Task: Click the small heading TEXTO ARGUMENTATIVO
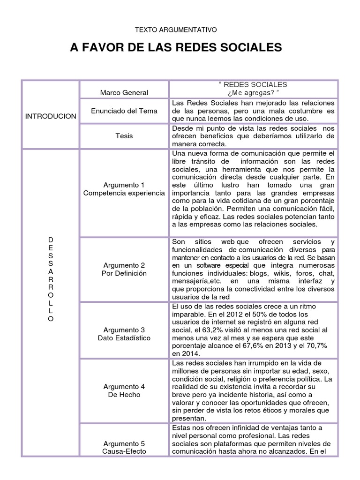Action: click(x=176, y=30)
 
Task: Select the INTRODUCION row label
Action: click(x=51, y=116)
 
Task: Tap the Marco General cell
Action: click(x=124, y=92)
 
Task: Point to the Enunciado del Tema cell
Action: click(x=124, y=111)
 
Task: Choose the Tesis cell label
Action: click(x=124, y=136)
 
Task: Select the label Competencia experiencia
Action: click(x=124, y=193)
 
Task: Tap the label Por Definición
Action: click(x=124, y=273)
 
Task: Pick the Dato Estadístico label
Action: click(x=124, y=337)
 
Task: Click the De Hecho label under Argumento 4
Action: click(x=124, y=395)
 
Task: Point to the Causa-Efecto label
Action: click(x=124, y=451)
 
